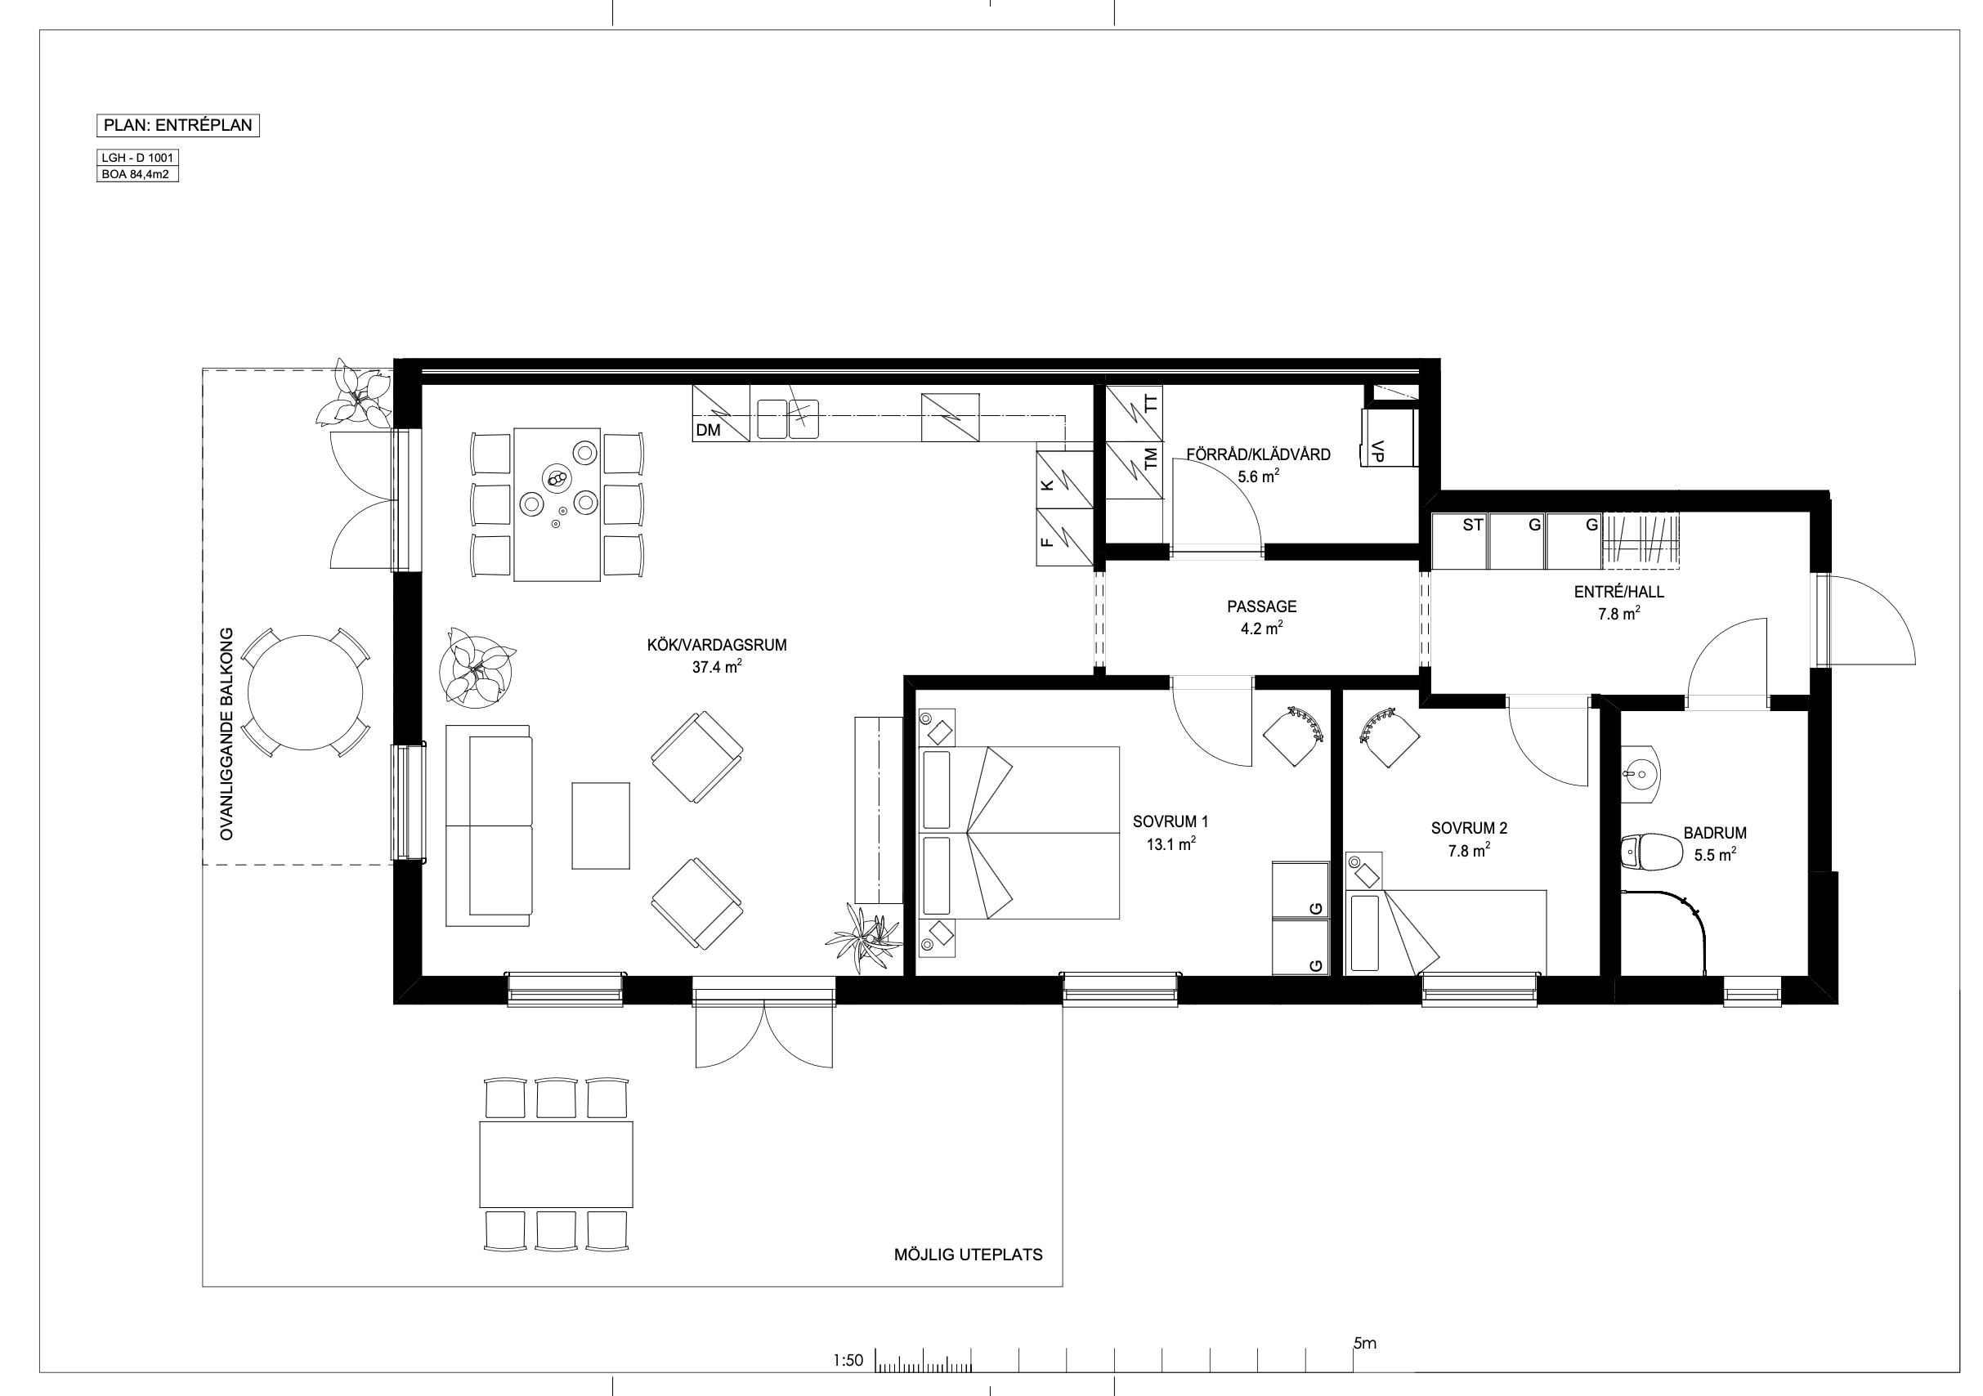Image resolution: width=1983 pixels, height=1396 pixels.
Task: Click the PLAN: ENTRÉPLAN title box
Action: (x=178, y=125)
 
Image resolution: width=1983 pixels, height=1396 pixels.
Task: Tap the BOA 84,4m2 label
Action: (x=136, y=175)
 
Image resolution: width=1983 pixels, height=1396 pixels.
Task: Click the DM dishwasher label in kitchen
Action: (x=708, y=429)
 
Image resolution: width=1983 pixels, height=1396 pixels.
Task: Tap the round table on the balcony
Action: (x=305, y=693)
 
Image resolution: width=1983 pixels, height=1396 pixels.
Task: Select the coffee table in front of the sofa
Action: (x=601, y=825)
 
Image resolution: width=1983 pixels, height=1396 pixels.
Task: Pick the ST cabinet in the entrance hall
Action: (x=1460, y=541)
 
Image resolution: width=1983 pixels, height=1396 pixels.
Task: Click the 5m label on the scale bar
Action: (x=1364, y=1344)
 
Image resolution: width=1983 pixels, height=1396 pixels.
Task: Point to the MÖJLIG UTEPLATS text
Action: (x=968, y=1255)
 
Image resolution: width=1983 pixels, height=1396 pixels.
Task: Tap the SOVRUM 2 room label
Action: (x=1469, y=828)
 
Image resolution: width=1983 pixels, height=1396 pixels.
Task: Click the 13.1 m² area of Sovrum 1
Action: (x=1171, y=844)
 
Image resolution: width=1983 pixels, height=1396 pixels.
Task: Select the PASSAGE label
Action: (x=1262, y=606)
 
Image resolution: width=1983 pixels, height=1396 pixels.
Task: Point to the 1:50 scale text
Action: (x=848, y=1361)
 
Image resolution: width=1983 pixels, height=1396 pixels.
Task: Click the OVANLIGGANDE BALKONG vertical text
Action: (x=227, y=733)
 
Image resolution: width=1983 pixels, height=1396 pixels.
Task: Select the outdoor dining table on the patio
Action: (x=556, y=1165)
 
